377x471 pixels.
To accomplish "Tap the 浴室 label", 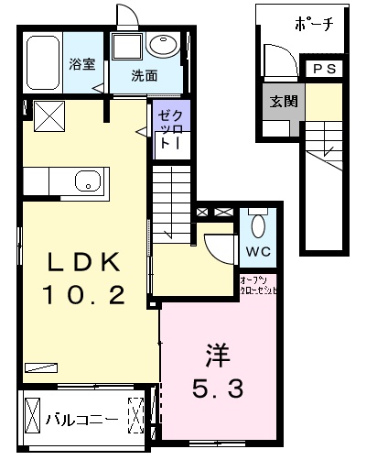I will pos(83,64).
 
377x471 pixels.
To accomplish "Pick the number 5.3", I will pos(217,389).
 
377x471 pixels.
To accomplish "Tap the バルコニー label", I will pos(81,420).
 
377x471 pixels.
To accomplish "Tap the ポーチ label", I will pos(314,25).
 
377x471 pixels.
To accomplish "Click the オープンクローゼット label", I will pos(259,283).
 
